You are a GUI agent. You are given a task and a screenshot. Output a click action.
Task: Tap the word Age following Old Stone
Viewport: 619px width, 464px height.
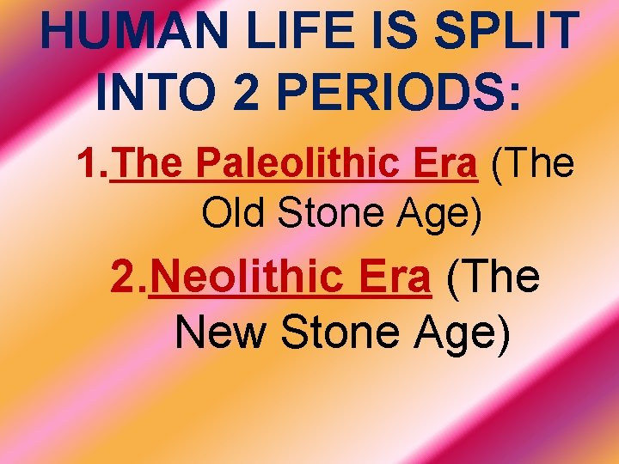(x=438, y=214)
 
